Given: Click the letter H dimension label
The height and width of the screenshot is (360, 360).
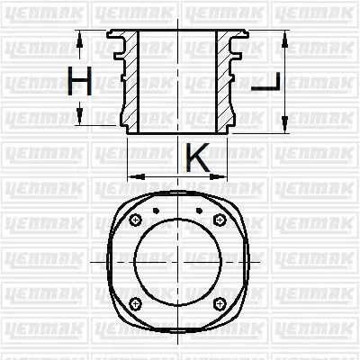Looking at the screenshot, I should (x=80, y=83).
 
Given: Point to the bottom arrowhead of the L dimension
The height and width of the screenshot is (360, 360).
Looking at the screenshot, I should (x=285, y=128).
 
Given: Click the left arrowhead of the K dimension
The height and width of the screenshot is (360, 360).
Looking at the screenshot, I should (x=132, y=174).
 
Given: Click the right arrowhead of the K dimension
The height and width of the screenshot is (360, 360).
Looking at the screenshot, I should (x=227, y=174).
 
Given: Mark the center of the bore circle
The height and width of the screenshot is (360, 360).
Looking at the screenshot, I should (x=177, y=262).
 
